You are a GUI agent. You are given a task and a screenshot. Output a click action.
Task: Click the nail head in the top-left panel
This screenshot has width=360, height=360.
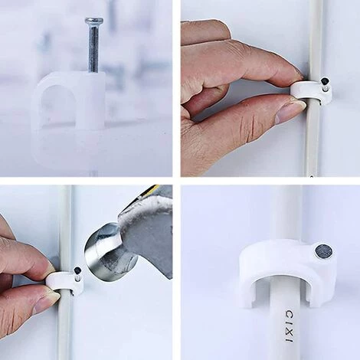[94, 21]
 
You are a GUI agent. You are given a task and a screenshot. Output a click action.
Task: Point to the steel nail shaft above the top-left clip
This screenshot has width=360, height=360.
[93, 47]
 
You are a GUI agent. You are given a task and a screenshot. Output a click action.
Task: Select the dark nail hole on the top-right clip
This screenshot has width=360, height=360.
[324, 82]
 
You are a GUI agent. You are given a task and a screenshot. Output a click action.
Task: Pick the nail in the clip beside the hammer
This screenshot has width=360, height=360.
[77, 273]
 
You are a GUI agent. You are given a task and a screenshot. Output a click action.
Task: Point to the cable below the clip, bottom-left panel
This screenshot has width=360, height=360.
[64, 327]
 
